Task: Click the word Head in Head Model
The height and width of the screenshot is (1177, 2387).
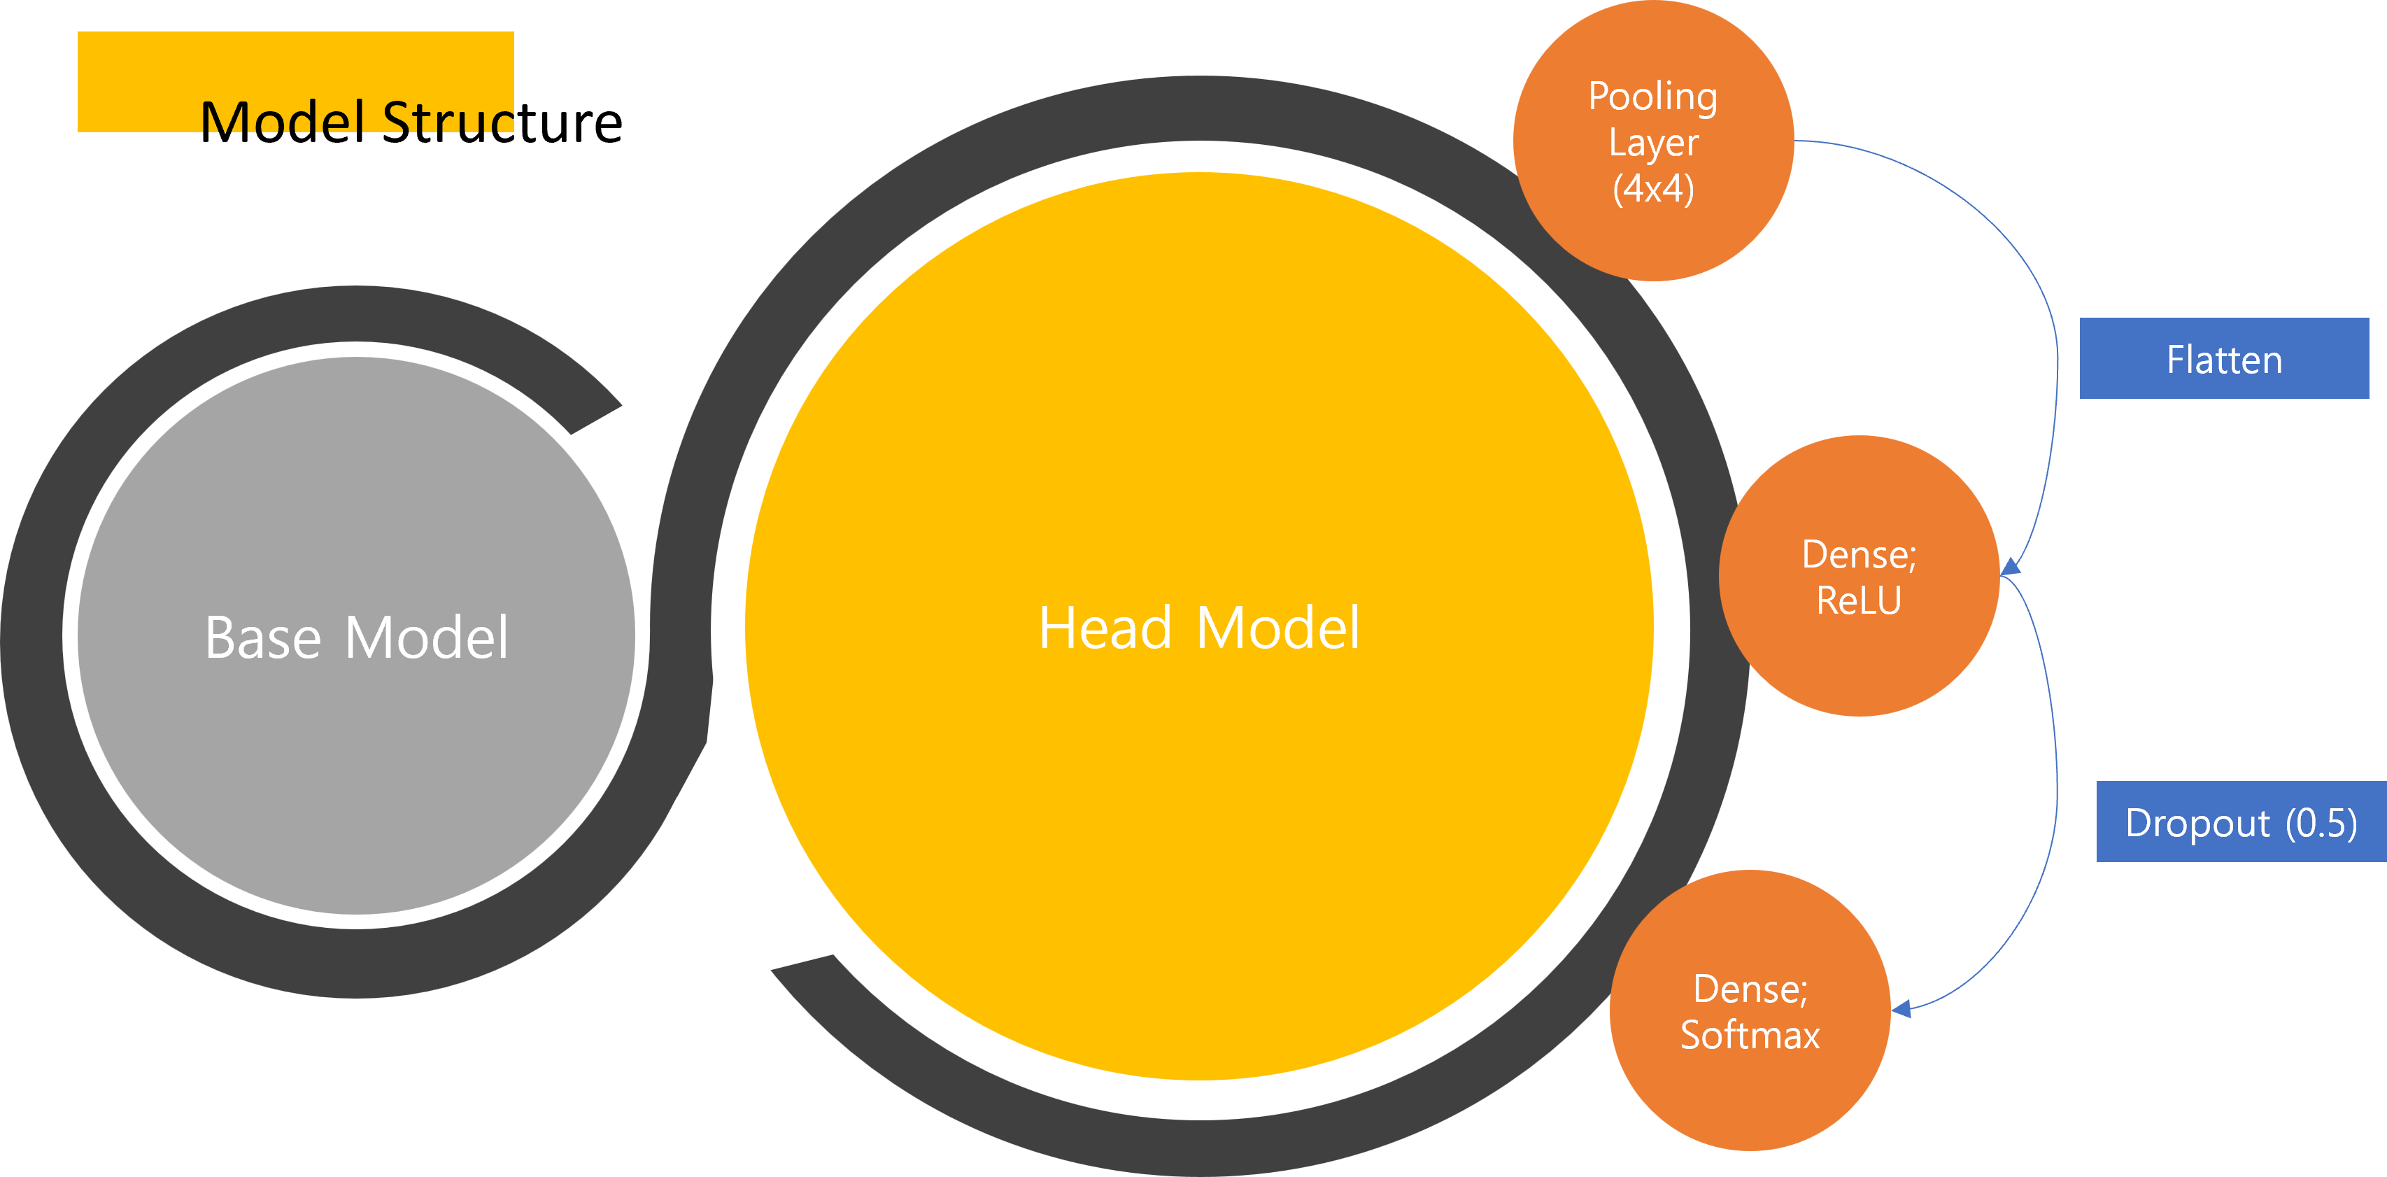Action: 1105,628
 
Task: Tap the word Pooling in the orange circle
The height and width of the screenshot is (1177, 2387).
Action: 1653,97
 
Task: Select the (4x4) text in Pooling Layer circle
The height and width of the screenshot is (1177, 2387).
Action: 1653,188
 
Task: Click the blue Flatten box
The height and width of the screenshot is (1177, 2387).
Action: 2224,359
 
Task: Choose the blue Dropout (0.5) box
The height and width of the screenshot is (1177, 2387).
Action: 2241,822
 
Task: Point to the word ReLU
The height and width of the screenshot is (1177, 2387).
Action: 1859,600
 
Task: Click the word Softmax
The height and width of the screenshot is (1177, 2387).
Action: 1750,1035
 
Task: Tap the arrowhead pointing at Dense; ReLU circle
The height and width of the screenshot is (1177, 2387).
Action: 2011,566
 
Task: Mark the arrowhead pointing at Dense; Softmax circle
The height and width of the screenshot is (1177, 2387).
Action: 1901,1008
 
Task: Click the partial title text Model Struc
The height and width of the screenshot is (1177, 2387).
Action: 357,118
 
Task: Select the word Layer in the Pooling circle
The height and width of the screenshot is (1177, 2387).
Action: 1653,143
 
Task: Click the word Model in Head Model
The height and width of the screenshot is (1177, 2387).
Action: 1278,628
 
